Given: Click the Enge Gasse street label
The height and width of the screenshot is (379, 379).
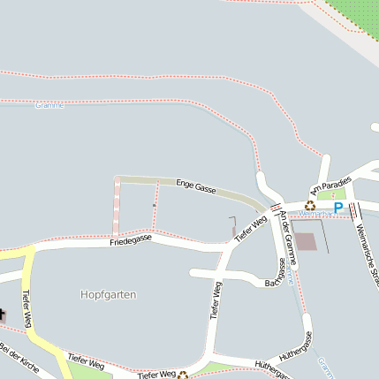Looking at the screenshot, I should [196, 186].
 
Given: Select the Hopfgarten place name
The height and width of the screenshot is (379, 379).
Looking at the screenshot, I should [108, 294].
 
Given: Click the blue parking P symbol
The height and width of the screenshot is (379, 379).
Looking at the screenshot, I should [338, 208].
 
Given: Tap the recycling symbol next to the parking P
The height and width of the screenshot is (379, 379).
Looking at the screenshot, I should [310, 205].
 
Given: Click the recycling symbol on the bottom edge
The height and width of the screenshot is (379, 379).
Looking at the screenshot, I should [183, 375].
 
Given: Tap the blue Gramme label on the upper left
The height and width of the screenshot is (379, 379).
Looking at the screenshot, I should [50, 105].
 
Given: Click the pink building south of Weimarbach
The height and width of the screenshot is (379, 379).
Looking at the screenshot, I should [305, 241].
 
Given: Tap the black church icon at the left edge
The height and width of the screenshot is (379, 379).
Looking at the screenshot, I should [2, 315].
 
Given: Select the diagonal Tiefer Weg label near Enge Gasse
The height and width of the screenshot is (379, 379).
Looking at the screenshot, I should [250, 227].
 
